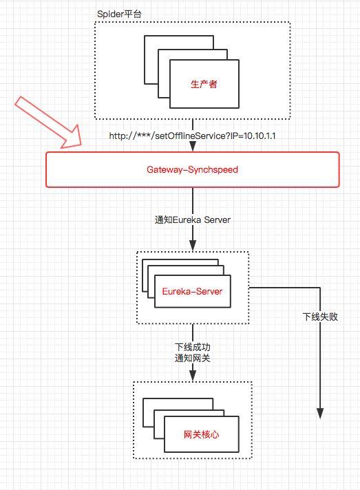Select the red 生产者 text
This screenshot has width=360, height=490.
tap(204, 85)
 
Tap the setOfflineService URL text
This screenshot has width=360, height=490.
tap(192, 136)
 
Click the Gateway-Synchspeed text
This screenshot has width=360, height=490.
tap(192, 169)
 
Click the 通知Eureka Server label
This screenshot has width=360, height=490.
tap(192, 220)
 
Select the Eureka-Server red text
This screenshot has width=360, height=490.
tap(192, 292)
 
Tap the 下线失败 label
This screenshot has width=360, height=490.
tap(320, 317)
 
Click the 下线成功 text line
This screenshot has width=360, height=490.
tap(192, 346)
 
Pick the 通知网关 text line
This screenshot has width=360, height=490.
tap(192, 358)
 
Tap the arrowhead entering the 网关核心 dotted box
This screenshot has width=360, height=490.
tap(193, 376)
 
